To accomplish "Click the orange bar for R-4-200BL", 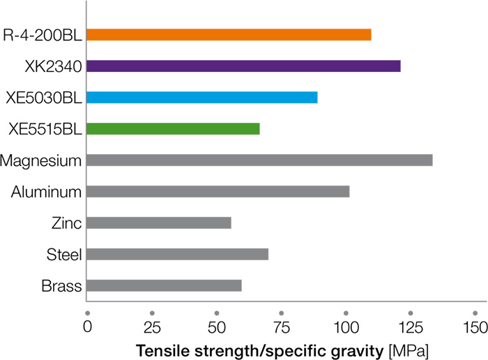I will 229,35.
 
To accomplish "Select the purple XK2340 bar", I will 243,66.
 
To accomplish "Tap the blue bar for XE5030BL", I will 202,97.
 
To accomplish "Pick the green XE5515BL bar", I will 173,128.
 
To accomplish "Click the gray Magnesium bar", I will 259,160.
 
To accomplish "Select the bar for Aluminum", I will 218,191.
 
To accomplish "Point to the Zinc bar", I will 159,223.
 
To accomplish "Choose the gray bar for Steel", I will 178,254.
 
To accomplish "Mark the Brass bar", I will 164,285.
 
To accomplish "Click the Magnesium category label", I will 42,160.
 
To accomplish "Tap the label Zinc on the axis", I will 67,223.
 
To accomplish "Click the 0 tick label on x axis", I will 87,327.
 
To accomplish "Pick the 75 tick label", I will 281,327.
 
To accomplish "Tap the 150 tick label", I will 475,327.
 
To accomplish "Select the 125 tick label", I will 410,327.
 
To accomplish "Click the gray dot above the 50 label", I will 217,312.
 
